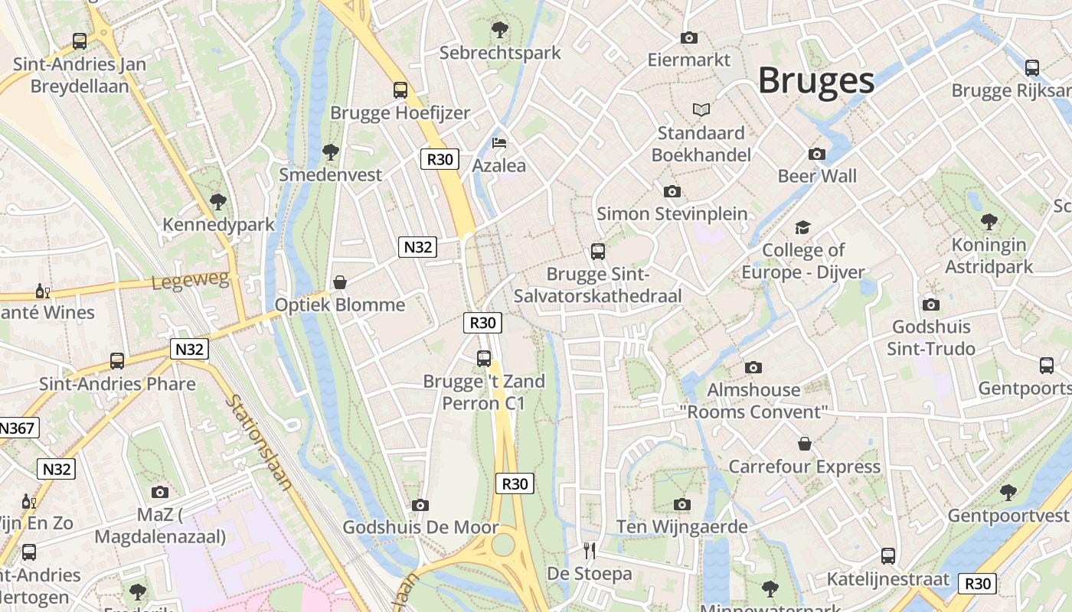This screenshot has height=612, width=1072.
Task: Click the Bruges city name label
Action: pyautogui.click(x=815, y=80)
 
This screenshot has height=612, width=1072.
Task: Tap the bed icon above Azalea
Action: pyautogui.click(x=499, y=143)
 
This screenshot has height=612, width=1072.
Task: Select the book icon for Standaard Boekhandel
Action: pyautogui.click(x=701, y=110)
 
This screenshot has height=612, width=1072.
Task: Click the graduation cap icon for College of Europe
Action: pyautogui.click(x=802, y=228)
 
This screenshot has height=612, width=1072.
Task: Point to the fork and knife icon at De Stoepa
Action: pyautogui.click(x=590, y=551)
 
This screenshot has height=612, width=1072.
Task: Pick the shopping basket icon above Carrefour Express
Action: pyautogui.click(x=805, y=444)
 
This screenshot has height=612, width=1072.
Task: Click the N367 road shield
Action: pyautogui.click(x=17, y=428)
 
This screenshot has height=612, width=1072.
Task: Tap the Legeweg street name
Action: pyautogui.click(x=191, y=281)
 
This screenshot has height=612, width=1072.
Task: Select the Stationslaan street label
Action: pyautogui.click(x=260, y=441)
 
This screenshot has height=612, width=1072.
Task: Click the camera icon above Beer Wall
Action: pyautogui.click(x=817, y=154)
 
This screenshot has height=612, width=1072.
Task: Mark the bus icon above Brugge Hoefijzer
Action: pyautogui.click(x=400, y=90)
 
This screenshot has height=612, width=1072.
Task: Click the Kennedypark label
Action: pyautogui.click(x=218, y=225)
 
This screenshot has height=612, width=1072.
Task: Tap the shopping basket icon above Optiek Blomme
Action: pyautogui.click(x=340, y=282)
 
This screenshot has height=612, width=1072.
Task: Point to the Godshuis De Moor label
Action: pyautogui.click(x=420, y=527)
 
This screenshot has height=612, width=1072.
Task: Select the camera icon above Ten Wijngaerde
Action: pyautogui.click(x=682, y=504)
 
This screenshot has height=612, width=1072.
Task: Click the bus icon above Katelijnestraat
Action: pyautogui.click(x=888, y=556)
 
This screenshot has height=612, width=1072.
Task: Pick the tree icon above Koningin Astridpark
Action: pyautogui.click(x=989, y=222)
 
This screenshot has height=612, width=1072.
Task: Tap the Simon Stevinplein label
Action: pyautogui.click(x=672, y=213)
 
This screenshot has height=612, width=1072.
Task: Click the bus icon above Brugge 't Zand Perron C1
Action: pyautogui.click(x=484, y=358)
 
